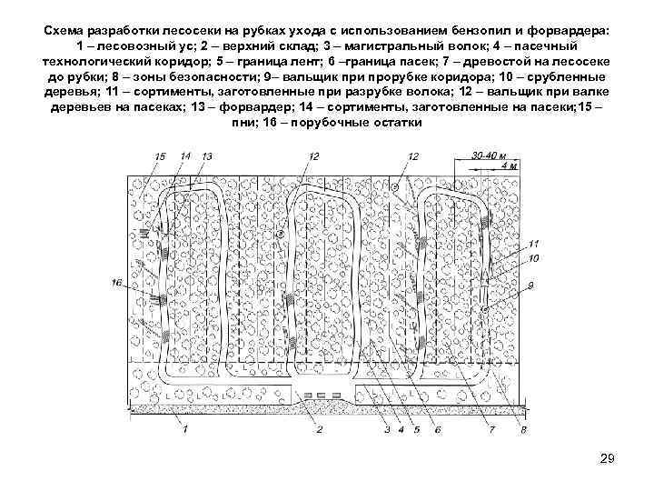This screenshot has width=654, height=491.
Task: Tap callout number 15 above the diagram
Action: [x=161, y=157]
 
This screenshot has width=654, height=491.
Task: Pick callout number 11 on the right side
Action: [x=533, y=244]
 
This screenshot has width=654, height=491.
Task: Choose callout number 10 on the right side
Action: [x=533, y=259]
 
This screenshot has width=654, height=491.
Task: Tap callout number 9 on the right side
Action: [x=530, y=286]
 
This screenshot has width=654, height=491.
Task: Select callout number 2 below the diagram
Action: [x=319, y=429]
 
